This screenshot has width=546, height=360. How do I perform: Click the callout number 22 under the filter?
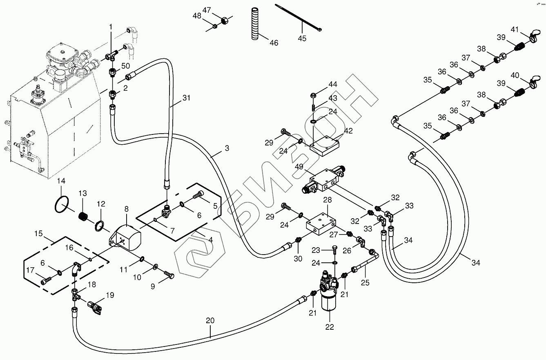pyautogui.click(x=330, y=327)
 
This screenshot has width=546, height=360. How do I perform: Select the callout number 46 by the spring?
pyautogui.click(x=274, y=42)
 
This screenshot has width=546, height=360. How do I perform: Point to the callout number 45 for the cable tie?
pyautogui.click(x=302, y=39)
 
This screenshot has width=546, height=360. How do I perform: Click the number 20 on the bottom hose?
pyautogui.click(x=210, y=321)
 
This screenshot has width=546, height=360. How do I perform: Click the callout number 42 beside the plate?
pyautogui.click(x=348, y=131)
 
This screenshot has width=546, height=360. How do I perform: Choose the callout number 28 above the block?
pyautogui.click(x=328, y=199)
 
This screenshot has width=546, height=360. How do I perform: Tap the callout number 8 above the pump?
pyautogui.click(x=127, y=209)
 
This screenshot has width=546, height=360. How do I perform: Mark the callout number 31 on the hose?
pyautogui.click(x=187, y=98)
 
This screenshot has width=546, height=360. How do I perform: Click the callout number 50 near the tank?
pyautogui.click(x=126, y=66)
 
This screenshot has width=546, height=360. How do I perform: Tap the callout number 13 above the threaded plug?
pyautogui.click(x=83, y=193)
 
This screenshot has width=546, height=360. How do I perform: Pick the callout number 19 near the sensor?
pyautogui.click(x=110, y=295)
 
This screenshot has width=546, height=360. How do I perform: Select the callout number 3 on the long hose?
pyautogui.click(x=227, y=148)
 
